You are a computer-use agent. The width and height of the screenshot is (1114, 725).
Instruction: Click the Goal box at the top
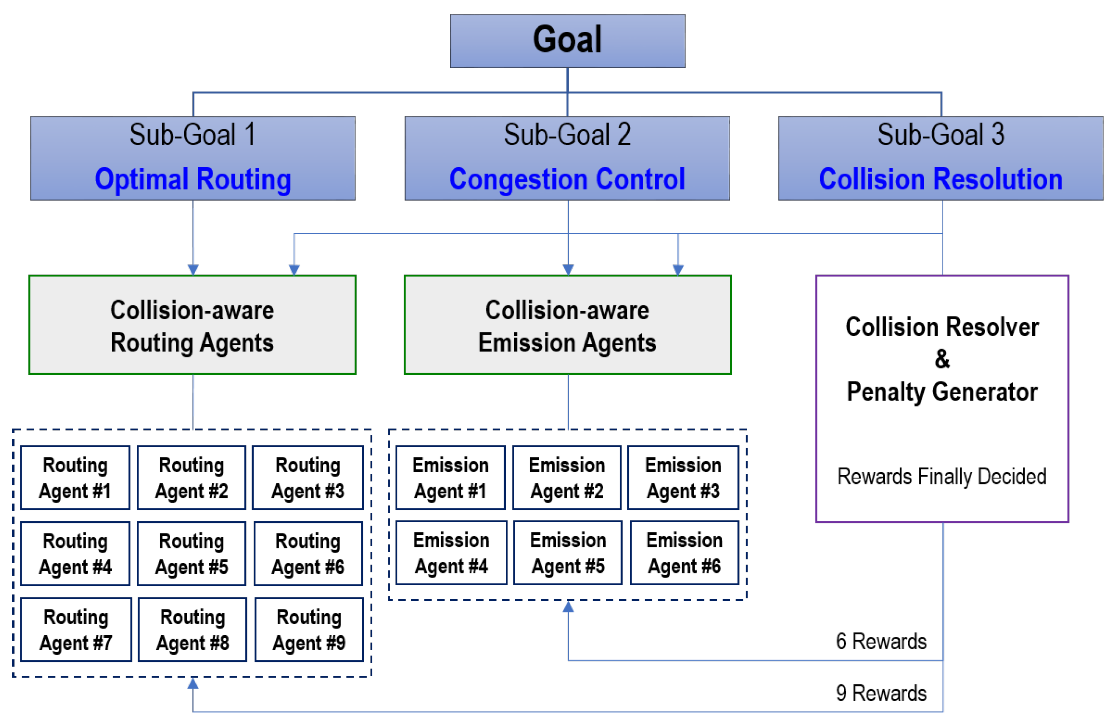click(x=567, y=41)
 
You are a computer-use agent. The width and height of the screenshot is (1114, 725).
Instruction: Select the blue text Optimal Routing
click(x=193, y=179)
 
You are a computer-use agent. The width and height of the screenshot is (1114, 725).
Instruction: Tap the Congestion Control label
click(x=567, y=179)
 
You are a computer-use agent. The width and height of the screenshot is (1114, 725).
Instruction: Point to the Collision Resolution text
click(x=940, y=179)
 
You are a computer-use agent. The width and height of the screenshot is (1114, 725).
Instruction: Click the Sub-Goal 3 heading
click(x=940, y=134)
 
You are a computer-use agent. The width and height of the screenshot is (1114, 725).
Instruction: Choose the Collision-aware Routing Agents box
click(x=192, y=325)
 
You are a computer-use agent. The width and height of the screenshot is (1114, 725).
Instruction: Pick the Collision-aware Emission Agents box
click(x=567, y=325)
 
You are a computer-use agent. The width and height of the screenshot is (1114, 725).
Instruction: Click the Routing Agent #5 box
click(x=191, y=553)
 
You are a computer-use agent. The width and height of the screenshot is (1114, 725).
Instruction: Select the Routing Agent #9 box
click(x=309, y=630)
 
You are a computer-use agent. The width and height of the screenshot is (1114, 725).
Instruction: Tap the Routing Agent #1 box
click(x=75, y=477)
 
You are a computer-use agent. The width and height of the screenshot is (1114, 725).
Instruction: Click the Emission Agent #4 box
click(x=451, y=553)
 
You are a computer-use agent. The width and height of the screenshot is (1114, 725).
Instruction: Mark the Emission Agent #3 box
click(x=683, y=477)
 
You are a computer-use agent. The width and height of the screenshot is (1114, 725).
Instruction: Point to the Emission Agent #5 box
click(x=568, y=553)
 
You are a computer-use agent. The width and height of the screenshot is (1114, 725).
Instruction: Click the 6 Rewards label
click(x=881, y=641)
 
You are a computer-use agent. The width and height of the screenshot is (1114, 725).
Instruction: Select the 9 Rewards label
click(x=881, y=693)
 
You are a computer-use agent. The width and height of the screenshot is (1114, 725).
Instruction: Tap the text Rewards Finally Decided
click(x=941, y=476)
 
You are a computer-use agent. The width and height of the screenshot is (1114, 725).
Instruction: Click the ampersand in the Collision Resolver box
click(x=942, y=359)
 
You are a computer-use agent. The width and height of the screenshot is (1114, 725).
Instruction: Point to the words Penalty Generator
click(x=942, y=391)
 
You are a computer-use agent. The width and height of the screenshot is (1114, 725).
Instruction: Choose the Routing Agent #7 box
click(x=76, y=630)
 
